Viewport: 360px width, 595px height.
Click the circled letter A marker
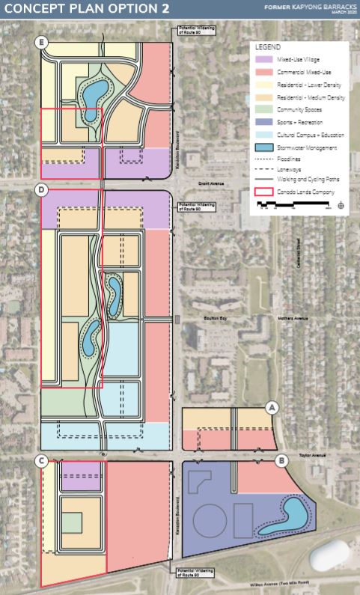(x=272, y=407)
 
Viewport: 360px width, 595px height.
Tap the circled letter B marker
(x=282, y=461)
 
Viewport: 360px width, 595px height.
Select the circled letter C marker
(x=43, y=461)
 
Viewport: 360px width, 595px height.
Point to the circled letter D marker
(x=42, y=191)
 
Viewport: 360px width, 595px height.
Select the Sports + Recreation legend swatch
(x=264, y=121)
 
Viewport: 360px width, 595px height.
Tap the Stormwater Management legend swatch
(x=264, y=147)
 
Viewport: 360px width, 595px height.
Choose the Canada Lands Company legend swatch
(x=264, y=192)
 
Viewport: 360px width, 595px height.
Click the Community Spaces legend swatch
(x=264, y=109)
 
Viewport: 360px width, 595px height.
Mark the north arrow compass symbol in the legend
(x=341, y=205)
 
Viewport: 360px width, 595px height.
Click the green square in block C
(x=71, y=522)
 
